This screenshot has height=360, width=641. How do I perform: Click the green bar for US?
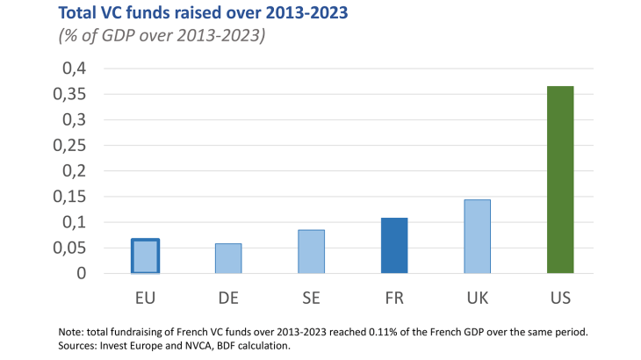click(559, 179)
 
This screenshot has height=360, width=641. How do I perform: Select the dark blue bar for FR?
click(394, 245)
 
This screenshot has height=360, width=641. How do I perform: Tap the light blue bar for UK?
click(477, 236)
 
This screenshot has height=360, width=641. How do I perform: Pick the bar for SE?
click(312, 251)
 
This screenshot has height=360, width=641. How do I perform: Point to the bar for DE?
click(228, 258)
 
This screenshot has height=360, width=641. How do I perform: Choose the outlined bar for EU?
click(145, 256)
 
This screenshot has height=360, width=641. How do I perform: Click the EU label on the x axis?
click(145, 299)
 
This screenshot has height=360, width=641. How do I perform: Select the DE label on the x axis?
click(228, 299)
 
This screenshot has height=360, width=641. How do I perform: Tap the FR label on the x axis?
click(394, 299)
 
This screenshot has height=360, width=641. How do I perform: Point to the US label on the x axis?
click(559, 299)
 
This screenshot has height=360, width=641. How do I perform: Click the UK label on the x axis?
click(477, 299)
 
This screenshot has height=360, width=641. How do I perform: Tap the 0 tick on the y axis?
click(81, 273)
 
